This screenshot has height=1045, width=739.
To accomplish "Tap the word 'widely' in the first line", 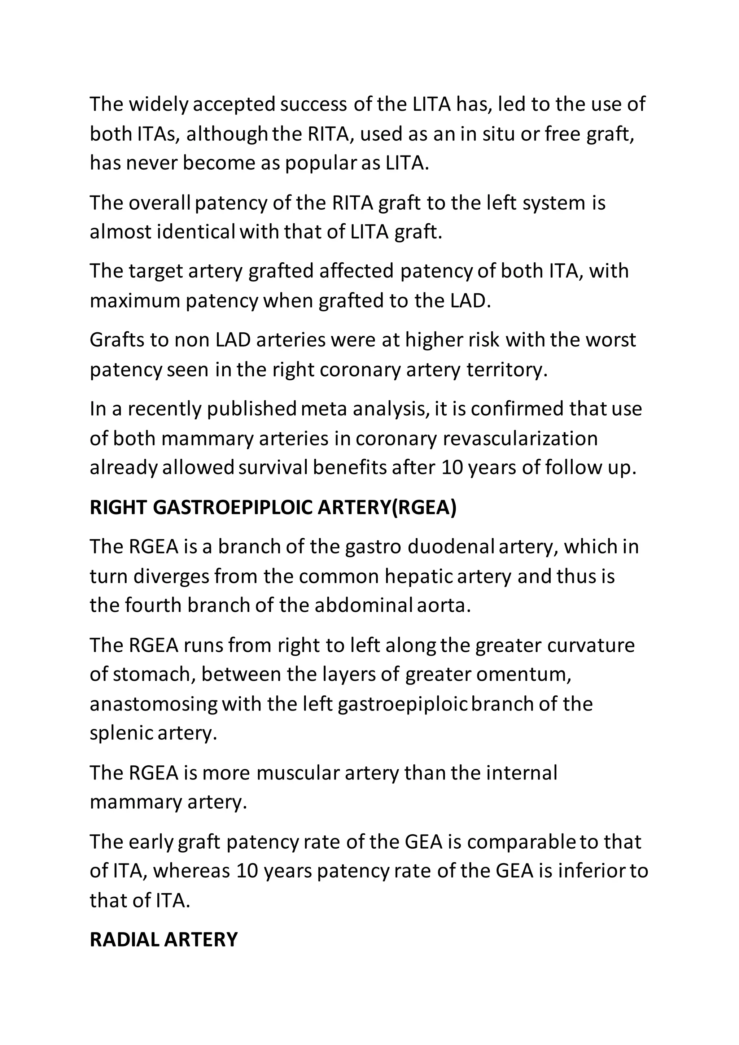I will click(x=158, y=104).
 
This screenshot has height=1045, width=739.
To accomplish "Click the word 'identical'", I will click(x=196, y=232).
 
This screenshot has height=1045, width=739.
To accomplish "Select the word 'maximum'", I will click(x=135, y=301).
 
